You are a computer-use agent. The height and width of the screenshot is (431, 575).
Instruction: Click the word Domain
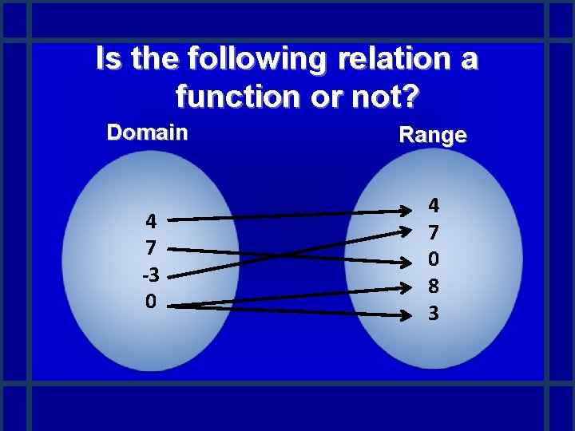tap(148, 132)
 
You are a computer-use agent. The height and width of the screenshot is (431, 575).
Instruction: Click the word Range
tap(432, 135)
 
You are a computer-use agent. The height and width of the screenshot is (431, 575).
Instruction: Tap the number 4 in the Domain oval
tap(151, 221)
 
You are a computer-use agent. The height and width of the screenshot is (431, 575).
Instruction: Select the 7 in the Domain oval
tap(151, 247)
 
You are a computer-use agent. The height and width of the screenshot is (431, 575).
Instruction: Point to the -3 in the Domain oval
tap(150, 275)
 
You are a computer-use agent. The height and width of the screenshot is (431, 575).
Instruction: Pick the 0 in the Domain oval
tap(151, 302)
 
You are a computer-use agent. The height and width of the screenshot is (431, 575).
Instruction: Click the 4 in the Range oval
tap(434, 206)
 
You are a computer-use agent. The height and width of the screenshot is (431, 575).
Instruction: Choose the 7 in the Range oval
tap(434, 233)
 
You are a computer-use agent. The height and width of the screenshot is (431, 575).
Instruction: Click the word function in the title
tap(234, 97)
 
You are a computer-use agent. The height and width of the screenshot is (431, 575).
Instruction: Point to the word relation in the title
tap(389, 60)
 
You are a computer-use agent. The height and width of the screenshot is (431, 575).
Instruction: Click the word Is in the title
tap(108, 60)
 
